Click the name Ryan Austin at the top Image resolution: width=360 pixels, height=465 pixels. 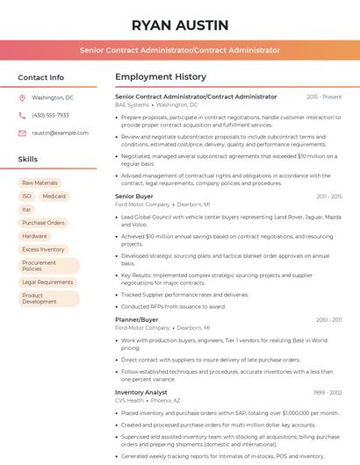point(180,25)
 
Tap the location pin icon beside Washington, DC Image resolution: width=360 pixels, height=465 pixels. point(22,97)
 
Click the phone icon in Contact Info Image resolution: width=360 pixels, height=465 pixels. point(22,115)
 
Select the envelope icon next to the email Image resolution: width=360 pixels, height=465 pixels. point(22,132)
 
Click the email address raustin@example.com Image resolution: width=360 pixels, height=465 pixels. point(60,132)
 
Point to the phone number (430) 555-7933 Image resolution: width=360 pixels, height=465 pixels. point(50,115)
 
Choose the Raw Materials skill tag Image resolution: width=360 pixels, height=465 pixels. point(40,182)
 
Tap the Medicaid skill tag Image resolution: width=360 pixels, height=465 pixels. point(54,196)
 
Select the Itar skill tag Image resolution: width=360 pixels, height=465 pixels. point(27,209)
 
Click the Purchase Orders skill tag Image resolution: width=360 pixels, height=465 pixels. point(43,223)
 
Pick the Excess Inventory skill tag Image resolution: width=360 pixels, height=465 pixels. point(43,249)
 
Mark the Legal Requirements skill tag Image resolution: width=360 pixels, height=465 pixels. point(47,283)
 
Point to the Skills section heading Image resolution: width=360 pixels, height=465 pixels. point(28,159)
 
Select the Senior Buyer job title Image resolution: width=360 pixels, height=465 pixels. point(133,197)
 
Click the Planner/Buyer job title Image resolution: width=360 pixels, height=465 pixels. point(136,320)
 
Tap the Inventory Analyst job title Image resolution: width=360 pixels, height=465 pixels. point(141,392)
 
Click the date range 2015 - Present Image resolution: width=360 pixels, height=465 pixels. point(324,97)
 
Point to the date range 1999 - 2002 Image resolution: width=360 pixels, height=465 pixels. point(327,392)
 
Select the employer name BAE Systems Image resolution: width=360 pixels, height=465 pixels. point(132,104)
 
